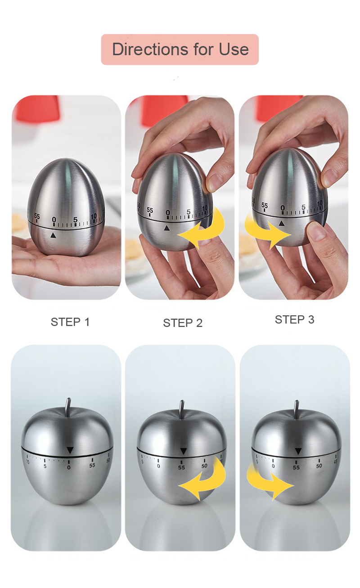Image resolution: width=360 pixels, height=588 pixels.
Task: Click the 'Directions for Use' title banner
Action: pos(180,49)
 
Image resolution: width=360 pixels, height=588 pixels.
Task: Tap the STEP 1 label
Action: pos(70,322)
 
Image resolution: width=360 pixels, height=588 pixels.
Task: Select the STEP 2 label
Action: pos(183,323)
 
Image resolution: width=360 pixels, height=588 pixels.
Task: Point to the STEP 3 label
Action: pos(294,319)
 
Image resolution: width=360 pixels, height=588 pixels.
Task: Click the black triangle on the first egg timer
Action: pos(53,235)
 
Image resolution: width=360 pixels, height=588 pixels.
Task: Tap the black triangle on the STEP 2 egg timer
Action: pos(166,229)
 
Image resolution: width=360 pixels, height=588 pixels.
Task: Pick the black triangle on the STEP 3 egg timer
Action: pos(282,224)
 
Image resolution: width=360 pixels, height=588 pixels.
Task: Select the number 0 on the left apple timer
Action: pos(69,467)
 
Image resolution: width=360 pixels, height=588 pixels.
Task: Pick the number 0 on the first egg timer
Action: pos(54,220)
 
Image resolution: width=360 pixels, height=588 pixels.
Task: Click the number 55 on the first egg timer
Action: pos(37,216)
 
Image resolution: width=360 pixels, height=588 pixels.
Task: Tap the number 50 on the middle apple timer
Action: pos(204,466)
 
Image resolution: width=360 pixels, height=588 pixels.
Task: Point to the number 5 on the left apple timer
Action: pos(45,466)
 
